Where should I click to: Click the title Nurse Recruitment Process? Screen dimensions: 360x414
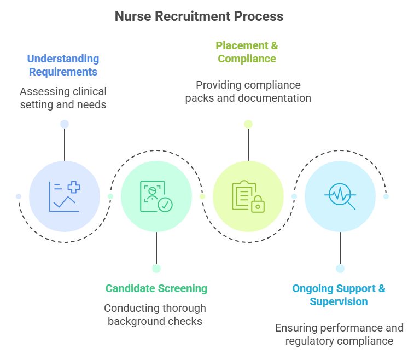pyautogui.click(x=199, y=16)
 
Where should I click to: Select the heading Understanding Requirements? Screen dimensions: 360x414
pyautogui.click(x=63, y=65)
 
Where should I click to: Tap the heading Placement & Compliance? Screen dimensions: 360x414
pyautogui.click(x=247, y=52)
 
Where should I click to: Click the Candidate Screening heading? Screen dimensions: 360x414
pyautogui.click(x=156, y=288)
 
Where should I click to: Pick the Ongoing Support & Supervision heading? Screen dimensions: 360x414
pyautogui.click(x=339, y=295)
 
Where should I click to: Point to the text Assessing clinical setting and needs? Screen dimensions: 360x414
pyautogui.click(x=63, y=98)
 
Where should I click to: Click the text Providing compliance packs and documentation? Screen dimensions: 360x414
pyautogui.click(x=248, y=92)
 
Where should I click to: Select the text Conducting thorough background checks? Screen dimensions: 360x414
pyautogui.click(x=155, y=315)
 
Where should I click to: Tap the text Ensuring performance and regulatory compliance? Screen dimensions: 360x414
pyautogui.click(x=339, y=334)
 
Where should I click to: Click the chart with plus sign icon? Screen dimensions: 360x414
pyautogui.click(x=65, y=196)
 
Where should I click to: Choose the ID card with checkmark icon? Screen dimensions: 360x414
pyautogui.click(x=156, y=196)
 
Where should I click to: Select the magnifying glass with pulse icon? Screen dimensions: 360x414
pyautogui.click(x=340, y=196)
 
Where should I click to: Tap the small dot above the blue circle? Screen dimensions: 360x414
pyautogui.click(x=65, y=124)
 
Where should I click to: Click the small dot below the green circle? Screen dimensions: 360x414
pyautogui.click(x=156, y=268)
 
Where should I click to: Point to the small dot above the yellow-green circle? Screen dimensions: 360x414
pyautogui.click(x=248, y=124)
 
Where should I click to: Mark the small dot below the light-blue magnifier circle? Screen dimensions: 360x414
pyautogui.click(x=340, y=268)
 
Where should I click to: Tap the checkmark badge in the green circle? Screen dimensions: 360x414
pyautogui.click(x=165, y=205)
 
